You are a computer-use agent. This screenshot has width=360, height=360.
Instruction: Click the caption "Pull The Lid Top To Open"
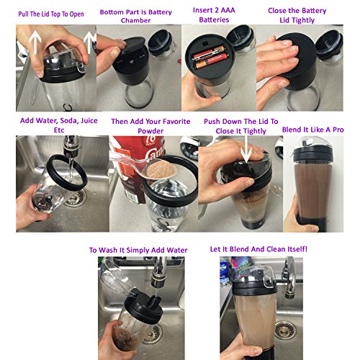[51, 14]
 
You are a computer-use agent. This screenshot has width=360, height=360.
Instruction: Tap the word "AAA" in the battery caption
[226, 10]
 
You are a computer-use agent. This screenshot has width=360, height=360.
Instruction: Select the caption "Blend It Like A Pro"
[313, 130]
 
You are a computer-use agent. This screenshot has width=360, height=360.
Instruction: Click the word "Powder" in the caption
[150, 131]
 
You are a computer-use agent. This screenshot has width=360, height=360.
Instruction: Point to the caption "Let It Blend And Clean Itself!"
[258, 249]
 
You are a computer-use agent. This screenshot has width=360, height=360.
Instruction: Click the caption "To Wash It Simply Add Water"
[138, 250]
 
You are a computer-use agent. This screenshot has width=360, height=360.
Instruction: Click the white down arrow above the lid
[246, 149]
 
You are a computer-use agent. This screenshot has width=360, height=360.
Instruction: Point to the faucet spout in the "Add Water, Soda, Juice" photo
[71, 147]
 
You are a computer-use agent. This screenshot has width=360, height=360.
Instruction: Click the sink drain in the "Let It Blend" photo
[285, 330]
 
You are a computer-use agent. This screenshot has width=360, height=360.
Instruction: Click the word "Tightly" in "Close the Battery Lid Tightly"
[297, 20]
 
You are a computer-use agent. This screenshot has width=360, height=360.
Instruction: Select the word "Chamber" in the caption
[135, 21]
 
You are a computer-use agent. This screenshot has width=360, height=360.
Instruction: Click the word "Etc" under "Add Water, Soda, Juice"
[59, 130]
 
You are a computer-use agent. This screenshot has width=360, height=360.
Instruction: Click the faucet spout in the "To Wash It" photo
[158, 271]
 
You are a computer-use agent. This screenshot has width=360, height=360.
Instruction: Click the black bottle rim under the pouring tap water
[66, 173]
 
